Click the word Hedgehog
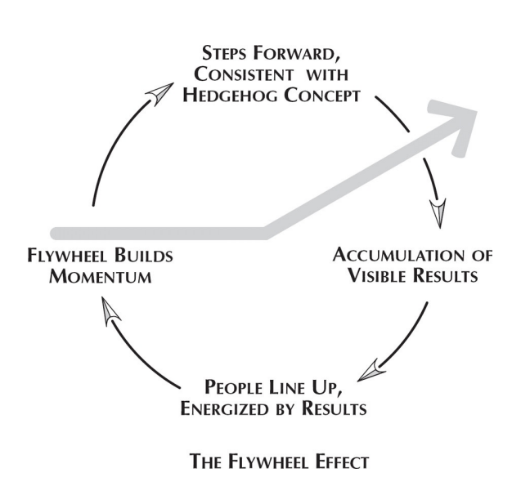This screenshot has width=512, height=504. [231, 96]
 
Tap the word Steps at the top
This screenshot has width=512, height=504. [223, 53]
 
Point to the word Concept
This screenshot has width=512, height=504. [322, 96]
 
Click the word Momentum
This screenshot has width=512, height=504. [101, 277]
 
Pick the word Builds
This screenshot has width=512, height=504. [143, 256]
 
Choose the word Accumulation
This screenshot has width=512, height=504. [398, 255]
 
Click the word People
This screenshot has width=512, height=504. [233, 388]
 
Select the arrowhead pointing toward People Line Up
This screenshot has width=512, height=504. [371, 371]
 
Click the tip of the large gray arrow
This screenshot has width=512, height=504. [477, 112]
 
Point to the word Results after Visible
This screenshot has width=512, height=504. [446, 275]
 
